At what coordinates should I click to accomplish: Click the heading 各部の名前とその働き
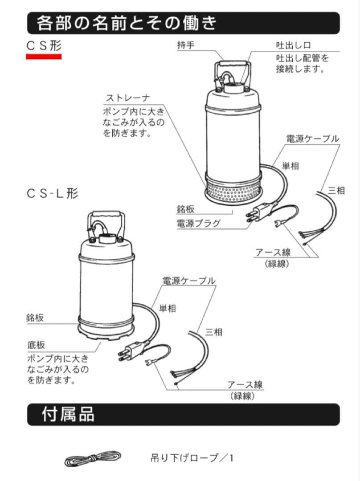(x=127, y=23)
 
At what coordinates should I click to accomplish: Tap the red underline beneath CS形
(x=44, y=57)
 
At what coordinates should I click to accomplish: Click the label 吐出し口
(x=293, y=45)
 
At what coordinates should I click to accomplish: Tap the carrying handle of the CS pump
(x=233, y=65)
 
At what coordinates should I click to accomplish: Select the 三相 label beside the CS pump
(x=336, y=190)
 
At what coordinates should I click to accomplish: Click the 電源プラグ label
(x=199, y=223)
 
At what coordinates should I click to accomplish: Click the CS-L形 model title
(x=52, y=193)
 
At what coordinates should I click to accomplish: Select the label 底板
(x=36, y=345)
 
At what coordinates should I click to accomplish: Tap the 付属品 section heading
(x=68, y=414)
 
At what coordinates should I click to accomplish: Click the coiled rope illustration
(x=93, y=458)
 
